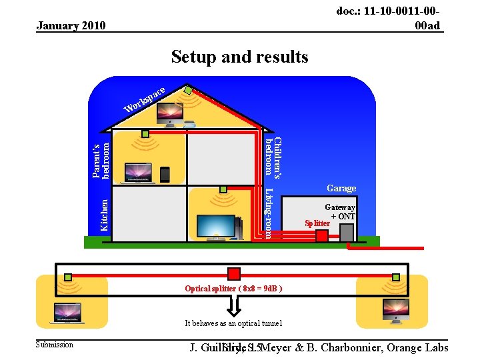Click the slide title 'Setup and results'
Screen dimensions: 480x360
239,57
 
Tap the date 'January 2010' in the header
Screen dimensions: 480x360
71,26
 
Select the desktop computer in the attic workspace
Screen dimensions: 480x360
169,114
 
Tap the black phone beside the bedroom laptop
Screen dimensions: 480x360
165,173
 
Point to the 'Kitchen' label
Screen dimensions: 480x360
104,214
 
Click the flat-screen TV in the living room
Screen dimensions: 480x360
215,227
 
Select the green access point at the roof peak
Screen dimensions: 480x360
189,90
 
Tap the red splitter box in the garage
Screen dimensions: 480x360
322,235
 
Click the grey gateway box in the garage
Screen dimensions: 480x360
347,232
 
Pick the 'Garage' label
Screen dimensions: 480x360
341,189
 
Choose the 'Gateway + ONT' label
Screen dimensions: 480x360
341,212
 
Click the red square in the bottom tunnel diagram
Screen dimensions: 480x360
234,274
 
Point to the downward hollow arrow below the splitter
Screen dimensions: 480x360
234,305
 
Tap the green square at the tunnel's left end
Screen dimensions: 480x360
68,277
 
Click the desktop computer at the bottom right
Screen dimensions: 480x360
391,309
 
